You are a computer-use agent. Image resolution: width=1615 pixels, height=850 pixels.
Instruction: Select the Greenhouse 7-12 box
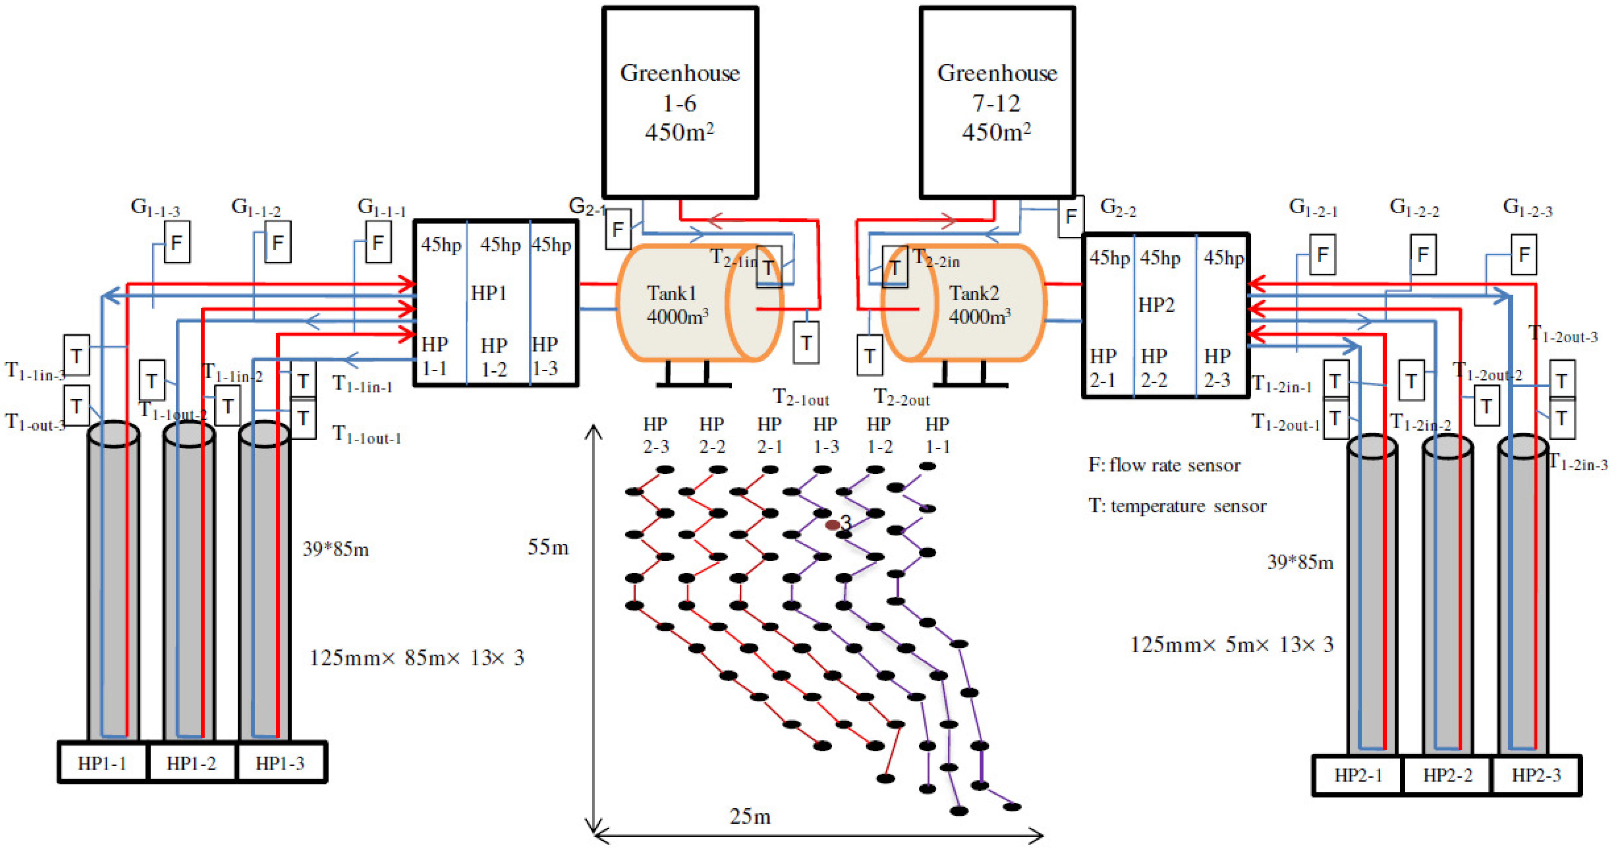click(997, 102)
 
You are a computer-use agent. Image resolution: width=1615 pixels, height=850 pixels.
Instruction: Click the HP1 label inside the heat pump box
click(489, 293)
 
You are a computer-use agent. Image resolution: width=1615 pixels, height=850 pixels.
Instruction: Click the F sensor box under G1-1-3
click(177, 242)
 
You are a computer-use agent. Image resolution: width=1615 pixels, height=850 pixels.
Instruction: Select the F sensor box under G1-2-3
click(1524, 255)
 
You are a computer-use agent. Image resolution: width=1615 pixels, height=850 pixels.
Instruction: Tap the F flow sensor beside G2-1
click(618, 230)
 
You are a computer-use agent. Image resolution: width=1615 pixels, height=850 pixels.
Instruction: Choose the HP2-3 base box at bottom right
click(1536, 776)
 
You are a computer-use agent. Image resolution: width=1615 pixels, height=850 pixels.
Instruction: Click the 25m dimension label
click(750, 817)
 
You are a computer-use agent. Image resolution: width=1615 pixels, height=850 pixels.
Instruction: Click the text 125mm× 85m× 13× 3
click(416, 658)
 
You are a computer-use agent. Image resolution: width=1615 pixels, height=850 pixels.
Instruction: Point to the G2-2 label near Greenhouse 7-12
click(1118, 208)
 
